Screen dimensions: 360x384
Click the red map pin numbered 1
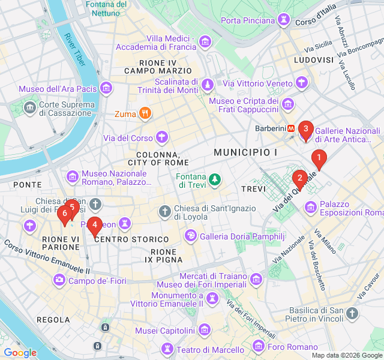click(319, 159)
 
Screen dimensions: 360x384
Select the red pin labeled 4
click(94, 225)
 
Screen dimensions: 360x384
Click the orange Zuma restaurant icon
click(145, 113)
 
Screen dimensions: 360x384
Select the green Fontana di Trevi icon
click(214, 179)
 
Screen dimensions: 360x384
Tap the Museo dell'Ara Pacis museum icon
click(107, 89)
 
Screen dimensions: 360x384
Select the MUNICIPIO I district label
click(245, 153)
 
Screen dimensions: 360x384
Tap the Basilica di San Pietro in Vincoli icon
click(353, 313)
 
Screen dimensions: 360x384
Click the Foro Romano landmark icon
click(259, 346)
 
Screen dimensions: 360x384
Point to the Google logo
click(20, 353)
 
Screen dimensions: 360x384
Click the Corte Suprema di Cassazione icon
click(29, 109)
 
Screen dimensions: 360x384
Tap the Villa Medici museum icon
click(206, 42)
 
